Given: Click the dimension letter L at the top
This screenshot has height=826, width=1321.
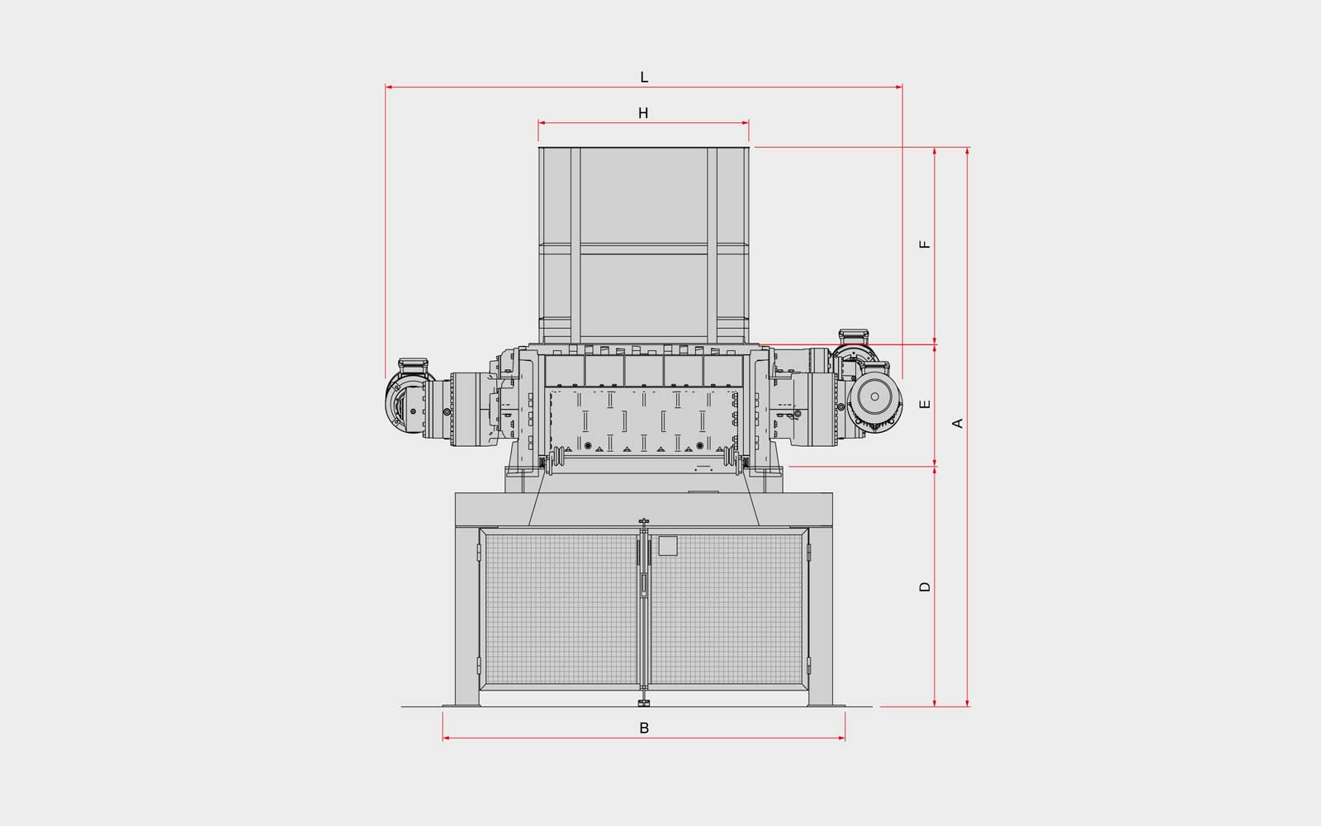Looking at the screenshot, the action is (x=644, y=78).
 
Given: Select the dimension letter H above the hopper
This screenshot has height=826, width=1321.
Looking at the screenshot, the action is (x=643, y=113).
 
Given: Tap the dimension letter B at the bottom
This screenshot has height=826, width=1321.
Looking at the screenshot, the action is (x=644, y=728).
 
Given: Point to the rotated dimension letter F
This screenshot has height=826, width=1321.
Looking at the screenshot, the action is (x=925, y=244).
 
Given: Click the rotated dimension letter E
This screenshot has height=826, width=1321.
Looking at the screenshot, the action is (x=925, y=404).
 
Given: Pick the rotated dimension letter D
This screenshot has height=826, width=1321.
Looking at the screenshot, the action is (x=925, y=586).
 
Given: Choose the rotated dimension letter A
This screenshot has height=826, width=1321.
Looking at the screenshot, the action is (x=958, y=423).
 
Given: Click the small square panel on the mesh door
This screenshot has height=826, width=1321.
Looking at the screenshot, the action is (x=668, y=546).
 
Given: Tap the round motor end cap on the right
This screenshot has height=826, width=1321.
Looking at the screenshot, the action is (x=874, y=396).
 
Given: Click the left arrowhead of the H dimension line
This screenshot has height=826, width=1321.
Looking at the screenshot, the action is (x=541, y=123).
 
